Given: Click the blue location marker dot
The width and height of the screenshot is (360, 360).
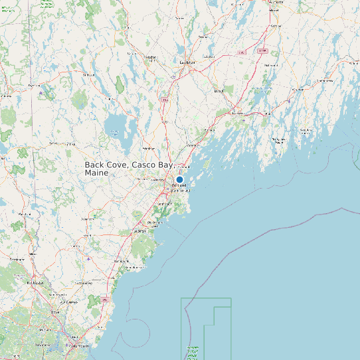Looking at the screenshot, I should tap(179, 179).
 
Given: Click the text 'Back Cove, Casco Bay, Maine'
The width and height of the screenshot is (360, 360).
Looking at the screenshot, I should tap(128, 168).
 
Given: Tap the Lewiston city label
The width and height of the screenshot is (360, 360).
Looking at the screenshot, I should tap(187, 62).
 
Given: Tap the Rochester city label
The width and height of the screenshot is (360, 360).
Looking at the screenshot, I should tap(35, 282).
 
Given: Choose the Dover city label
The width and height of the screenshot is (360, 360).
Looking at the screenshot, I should tap(56, 311).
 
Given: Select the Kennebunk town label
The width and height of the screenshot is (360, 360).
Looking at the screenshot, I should tap(120, 262).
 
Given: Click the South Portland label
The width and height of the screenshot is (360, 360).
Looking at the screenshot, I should tap(181, 191).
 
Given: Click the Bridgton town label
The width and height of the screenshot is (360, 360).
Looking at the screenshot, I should tap(88, 75).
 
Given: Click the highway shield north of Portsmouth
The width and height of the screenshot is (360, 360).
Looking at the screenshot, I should tap(106, 300).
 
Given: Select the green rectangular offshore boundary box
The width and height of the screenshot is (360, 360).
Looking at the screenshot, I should tap(206, 329).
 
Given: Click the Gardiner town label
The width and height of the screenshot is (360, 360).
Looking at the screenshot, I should tap(271, 27).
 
